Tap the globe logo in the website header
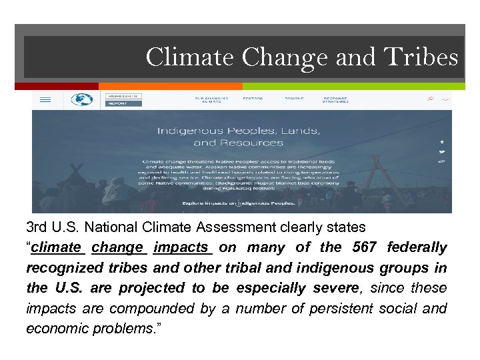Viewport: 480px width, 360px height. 82,100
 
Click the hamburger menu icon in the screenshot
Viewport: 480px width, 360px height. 45,100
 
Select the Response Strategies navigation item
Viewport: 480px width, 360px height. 335,99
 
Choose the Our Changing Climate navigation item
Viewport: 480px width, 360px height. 211,99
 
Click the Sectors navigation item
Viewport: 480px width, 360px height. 253,98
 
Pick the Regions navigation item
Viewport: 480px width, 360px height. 294,98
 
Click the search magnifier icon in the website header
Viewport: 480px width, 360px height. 431,99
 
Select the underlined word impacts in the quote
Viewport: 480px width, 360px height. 182,247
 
